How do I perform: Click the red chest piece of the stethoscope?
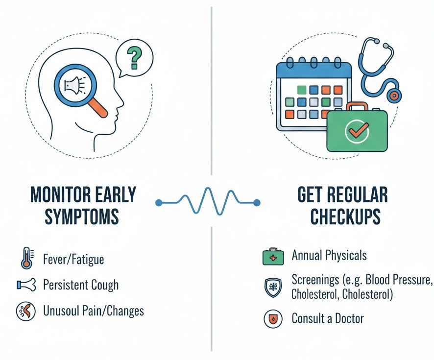(x=392, y=95)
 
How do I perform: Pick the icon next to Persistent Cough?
(x=26, y=285)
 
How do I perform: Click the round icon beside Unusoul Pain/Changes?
(x=26, y=311)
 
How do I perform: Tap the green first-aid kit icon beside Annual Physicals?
(x=272, y=257)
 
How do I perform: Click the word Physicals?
(x=345, y=255)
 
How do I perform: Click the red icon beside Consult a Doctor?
(x=272, y=319)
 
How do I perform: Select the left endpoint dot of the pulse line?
(x=158, y=202)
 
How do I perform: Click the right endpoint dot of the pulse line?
(x=257, y=202)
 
